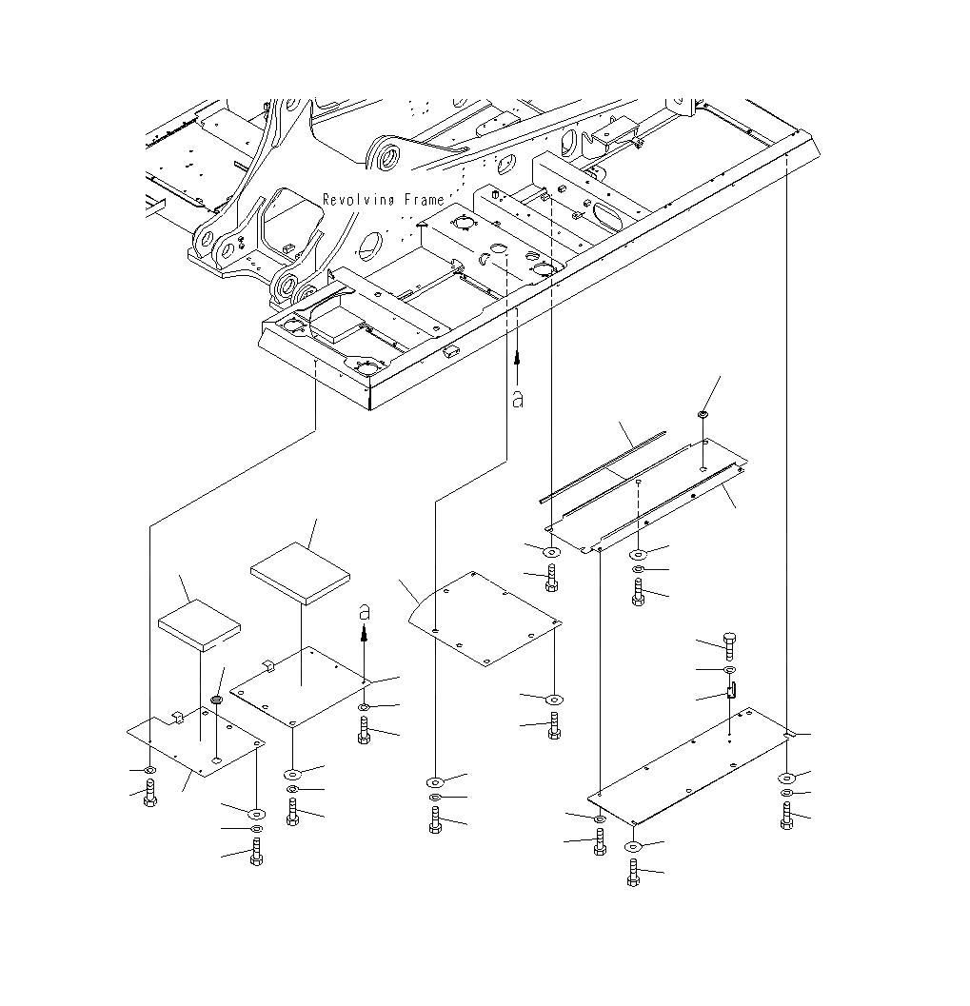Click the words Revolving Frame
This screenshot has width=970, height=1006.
tap(383, 200)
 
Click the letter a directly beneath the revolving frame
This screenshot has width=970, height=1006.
tap(518, 399)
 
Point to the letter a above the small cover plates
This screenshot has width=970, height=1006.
tap(365, 614)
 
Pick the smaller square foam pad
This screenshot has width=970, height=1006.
tap(199, 624)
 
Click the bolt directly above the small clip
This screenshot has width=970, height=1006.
tap(730, 646)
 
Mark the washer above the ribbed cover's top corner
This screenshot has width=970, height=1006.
tap(703, 415)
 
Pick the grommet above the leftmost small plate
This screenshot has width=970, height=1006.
tap(216, 701)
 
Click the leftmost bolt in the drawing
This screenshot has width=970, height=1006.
tap(150, 792)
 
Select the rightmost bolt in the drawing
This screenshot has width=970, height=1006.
tap(787, 817)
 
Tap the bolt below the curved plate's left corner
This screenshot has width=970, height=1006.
tap(435, 819)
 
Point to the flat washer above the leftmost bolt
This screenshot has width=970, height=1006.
tap(150, 769)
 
